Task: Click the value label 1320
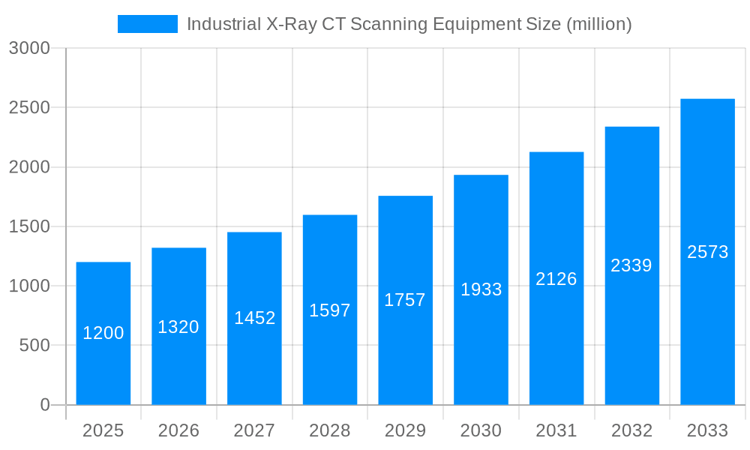(178, 327)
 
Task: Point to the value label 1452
(254, 318)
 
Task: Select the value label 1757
(405, 300)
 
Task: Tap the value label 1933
(481, 289)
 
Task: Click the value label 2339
(631, 265)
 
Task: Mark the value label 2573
(707, 252)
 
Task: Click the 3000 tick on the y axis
(29, 48)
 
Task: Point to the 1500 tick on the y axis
(29, 226)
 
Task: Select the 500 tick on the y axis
(34, 346)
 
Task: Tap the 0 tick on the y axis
(44, 405)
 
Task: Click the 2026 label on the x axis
(178, 430)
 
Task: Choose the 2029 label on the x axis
(405, 430)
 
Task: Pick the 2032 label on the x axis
(631, 430)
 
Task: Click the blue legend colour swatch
(148, 24)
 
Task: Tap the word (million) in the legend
(598, 24)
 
